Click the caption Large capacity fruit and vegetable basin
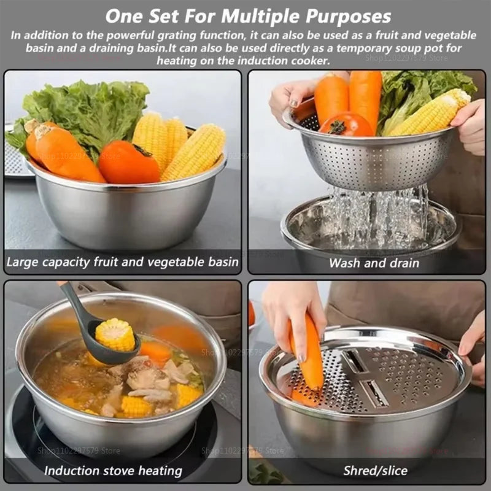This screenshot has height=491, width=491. (122, 262)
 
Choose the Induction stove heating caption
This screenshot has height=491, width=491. (113, 471)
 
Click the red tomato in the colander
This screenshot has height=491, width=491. (345, 125)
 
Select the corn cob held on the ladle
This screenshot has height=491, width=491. (115, 334)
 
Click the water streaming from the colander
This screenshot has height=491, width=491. (374, 215)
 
